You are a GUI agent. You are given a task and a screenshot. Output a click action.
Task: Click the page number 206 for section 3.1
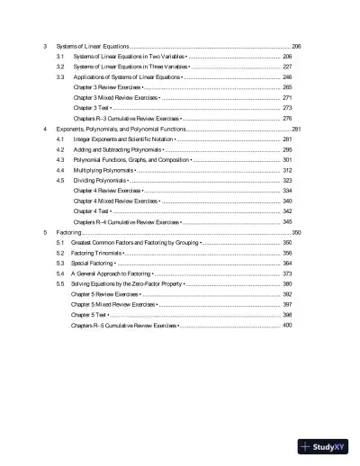[x=287, y=56]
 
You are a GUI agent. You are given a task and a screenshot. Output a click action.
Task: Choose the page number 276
[x=287, y=118]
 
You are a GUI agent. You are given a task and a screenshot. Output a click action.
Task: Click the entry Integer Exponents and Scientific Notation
[x=123, y=140]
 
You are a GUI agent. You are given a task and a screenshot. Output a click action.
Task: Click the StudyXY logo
[x=320, y=445]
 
